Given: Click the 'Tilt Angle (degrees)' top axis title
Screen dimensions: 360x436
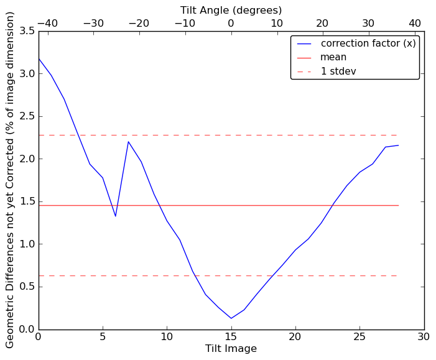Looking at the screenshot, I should click(231, 10).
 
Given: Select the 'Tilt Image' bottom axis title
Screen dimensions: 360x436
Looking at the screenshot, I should click(231, 349).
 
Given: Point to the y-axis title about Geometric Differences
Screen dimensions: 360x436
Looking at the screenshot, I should click(10, 180).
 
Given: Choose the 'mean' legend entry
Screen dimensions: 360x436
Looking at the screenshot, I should click(333, 57).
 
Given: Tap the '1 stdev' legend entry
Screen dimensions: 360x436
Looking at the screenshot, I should click(338, 72).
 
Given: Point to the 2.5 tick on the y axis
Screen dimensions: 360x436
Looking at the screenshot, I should click(24, 116).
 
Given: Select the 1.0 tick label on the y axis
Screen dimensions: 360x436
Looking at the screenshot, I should click(24, 244).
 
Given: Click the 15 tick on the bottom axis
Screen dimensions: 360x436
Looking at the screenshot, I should click(231, 337).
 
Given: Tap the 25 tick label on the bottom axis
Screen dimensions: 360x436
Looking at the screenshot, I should click(359, 337).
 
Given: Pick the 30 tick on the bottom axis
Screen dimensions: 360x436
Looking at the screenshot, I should click(424, 337).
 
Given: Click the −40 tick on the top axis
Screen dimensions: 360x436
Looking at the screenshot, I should click(47, 24).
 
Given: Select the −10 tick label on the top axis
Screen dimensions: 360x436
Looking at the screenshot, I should click(185, 24).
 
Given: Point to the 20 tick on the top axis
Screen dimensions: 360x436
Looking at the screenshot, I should click(323, 24).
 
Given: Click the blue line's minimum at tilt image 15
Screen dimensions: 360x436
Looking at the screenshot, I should click(231, 318).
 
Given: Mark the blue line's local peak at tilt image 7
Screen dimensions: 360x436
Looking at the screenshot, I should click(129, 142).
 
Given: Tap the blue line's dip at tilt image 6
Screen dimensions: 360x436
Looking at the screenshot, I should click(116, 216).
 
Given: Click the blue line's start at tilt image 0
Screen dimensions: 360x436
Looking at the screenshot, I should click(39, 58).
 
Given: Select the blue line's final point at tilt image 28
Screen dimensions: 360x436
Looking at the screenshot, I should click(398, 145).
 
